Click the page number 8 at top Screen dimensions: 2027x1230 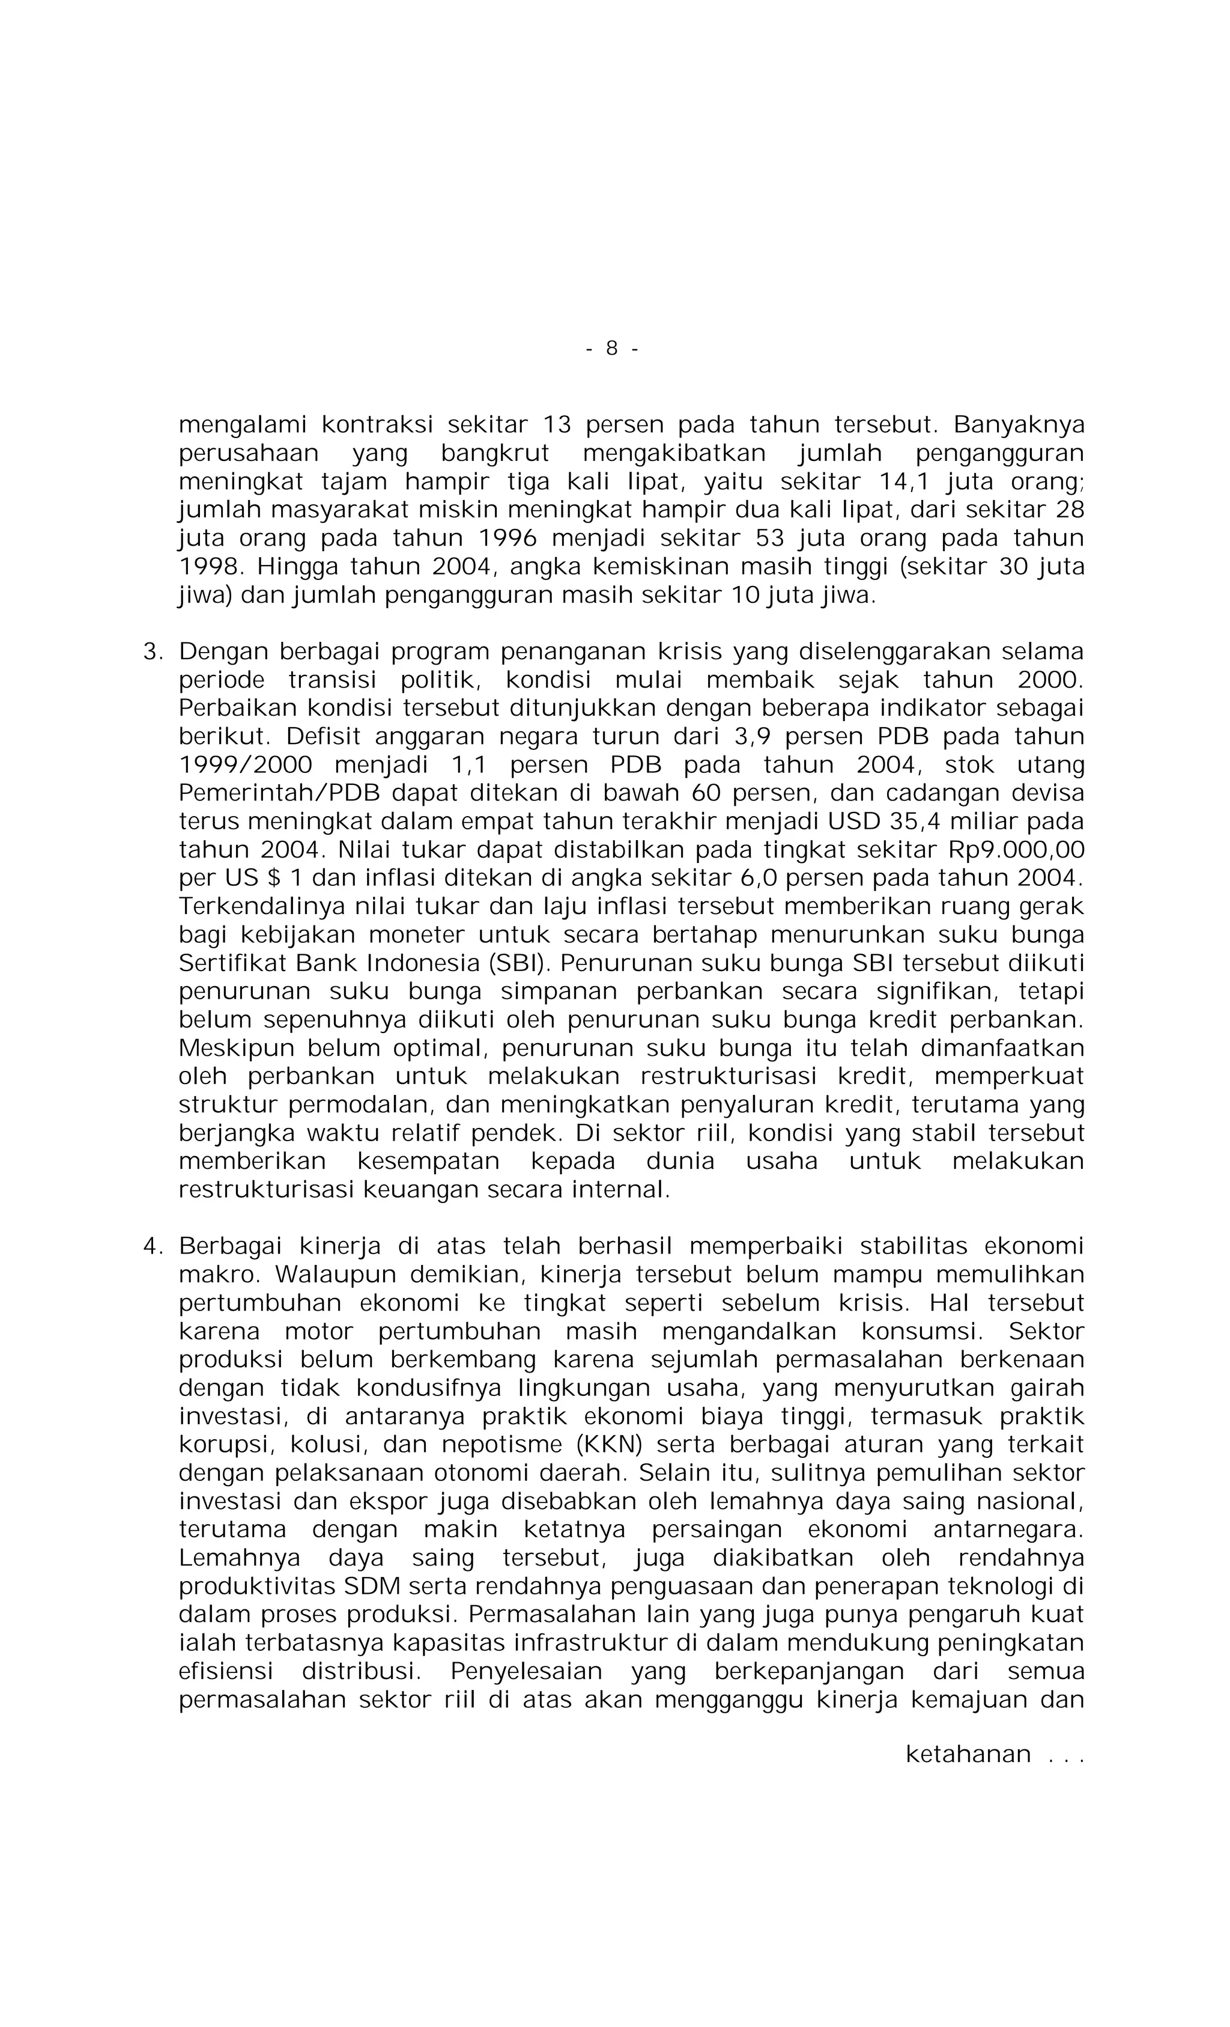611,348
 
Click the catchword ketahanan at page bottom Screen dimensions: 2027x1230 968,1754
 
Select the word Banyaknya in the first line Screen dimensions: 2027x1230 1019,424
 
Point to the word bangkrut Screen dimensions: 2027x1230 494,453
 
